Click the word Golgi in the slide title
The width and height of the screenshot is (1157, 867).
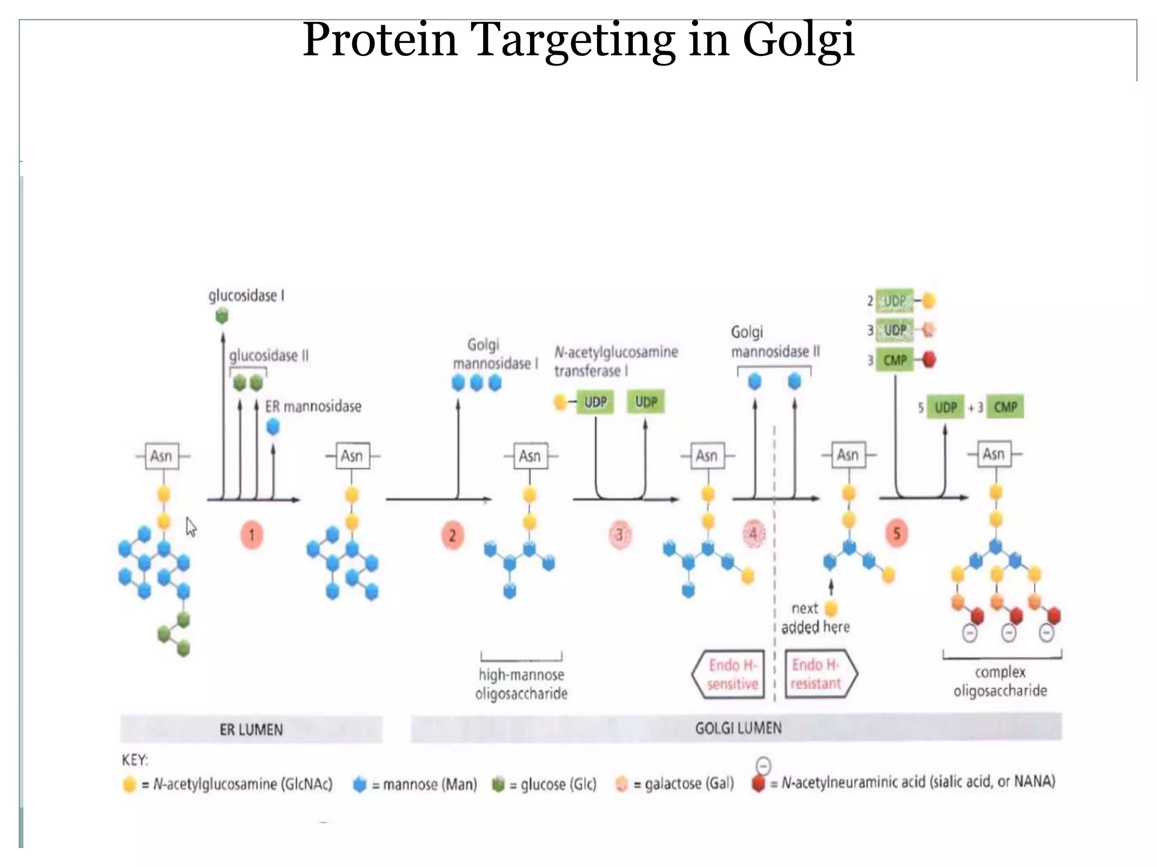(x=798, y=41)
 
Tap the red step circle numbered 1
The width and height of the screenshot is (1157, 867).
(x=251, y=535)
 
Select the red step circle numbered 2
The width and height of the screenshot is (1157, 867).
(x=452, y=535)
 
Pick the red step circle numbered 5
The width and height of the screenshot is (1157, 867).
(x=897, y=533)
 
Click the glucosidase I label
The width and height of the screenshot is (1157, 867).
(x=246, y=296)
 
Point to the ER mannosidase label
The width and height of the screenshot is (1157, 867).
(x=313, y=406)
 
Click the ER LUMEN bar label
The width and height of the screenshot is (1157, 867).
(x=251, y=730)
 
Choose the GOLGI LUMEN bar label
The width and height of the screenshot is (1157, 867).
(x=738, y=728)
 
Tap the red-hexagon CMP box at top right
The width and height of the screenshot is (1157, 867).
(x=895, y=360)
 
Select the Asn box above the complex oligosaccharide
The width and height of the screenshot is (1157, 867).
(x=994, y=454)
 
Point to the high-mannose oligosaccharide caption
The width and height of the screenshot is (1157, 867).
(x=521, y=684)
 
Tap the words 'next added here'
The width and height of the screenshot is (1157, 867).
(x=815, y=618)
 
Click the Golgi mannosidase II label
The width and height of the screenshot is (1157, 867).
(x=775, y=342)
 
